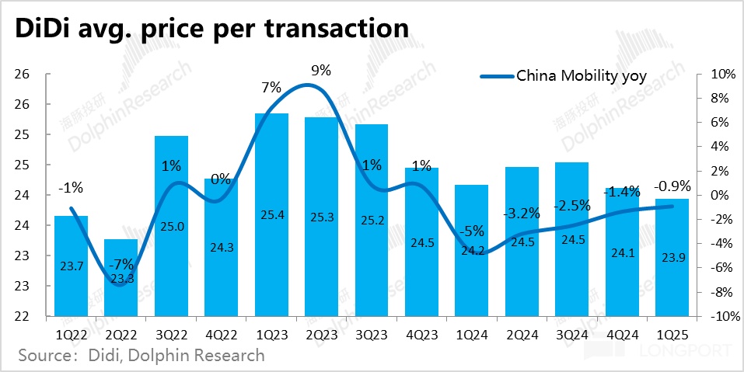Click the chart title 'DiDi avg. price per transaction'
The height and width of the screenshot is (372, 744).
208,28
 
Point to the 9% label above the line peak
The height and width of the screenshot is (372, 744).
320,70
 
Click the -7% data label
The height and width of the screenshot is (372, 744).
121,264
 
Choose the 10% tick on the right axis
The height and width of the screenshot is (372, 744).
723,74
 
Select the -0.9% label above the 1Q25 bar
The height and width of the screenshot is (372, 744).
673,186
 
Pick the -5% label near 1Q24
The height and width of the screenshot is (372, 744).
472,231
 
